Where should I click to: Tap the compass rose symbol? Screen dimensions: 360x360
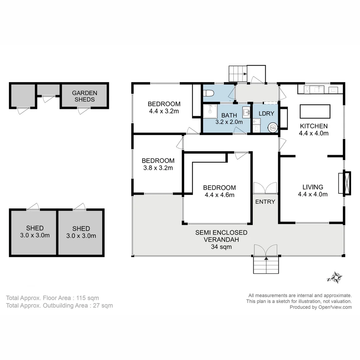(x=335, y=277)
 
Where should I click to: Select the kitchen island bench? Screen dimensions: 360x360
(x=315, y=111)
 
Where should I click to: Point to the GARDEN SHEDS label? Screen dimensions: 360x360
(x=85, y=96)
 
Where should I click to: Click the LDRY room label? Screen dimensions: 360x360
(x=266, y=113)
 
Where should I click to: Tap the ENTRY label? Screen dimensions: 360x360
(x=265, y=202)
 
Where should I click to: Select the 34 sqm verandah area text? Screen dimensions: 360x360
(x=221, y=247)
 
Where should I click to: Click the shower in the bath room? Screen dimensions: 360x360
(x=210, y=111)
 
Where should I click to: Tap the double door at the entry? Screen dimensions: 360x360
(x=265, y=188)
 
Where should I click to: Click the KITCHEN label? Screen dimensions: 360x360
(x=314, y=126)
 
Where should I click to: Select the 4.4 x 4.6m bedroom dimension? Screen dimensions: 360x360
(x=219, y=195)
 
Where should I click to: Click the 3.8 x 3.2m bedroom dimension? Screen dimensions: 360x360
(x=158, y=168)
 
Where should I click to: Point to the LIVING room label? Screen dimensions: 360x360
(x=313, y=187)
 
